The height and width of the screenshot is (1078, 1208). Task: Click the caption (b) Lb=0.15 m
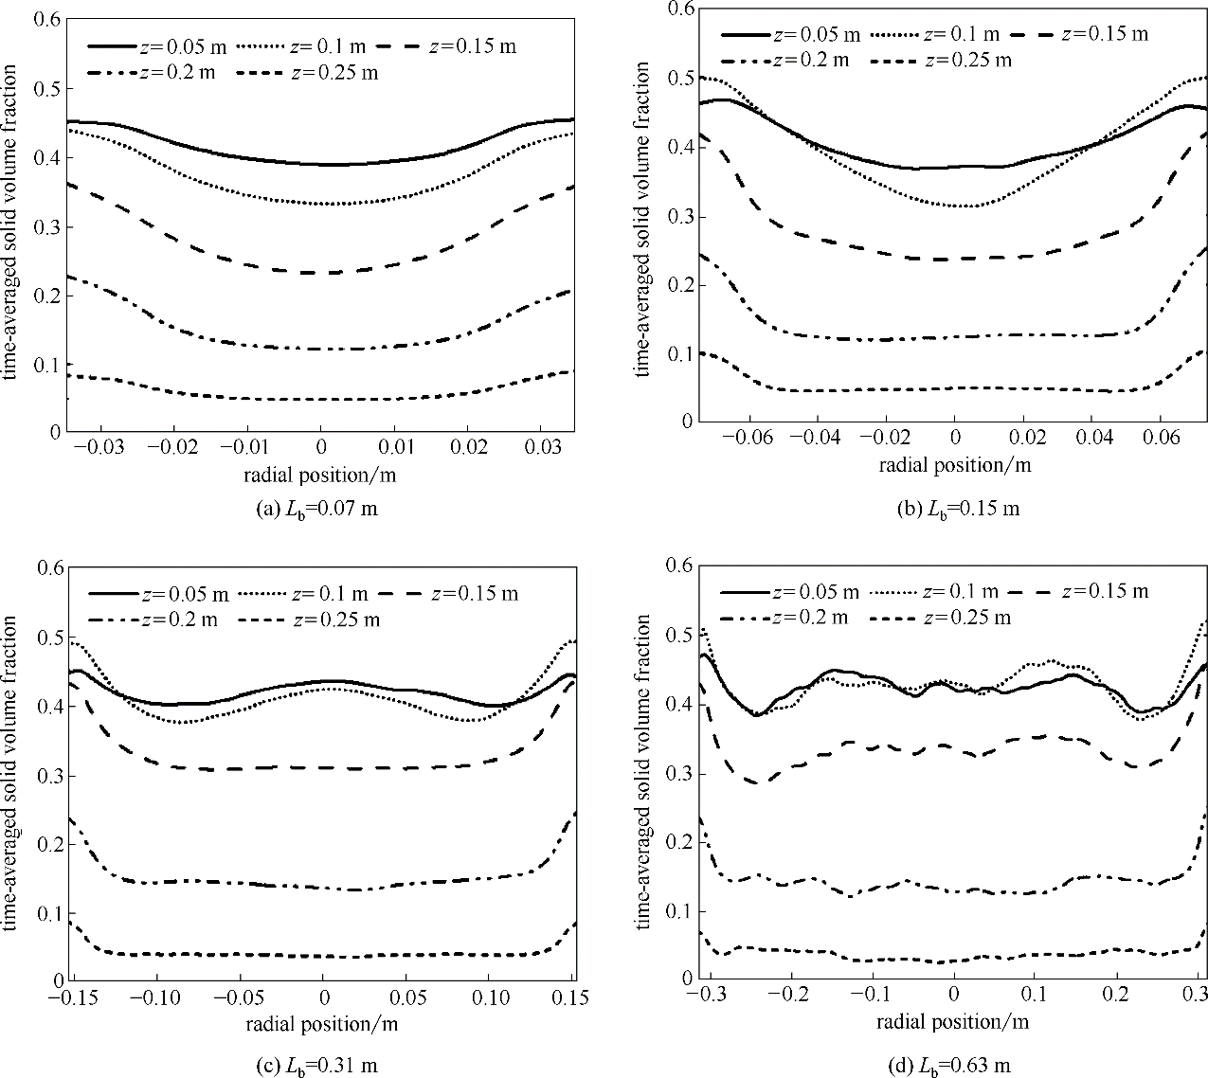(x=957, y=509)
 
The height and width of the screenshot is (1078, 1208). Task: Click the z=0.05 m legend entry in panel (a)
(x=159, y=46)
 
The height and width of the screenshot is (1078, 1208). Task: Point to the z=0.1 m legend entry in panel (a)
(x=305, y=46)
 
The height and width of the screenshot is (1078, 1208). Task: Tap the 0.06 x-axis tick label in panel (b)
(x=1159, y=439)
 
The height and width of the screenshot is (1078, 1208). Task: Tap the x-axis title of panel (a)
(x=320, y=473)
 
